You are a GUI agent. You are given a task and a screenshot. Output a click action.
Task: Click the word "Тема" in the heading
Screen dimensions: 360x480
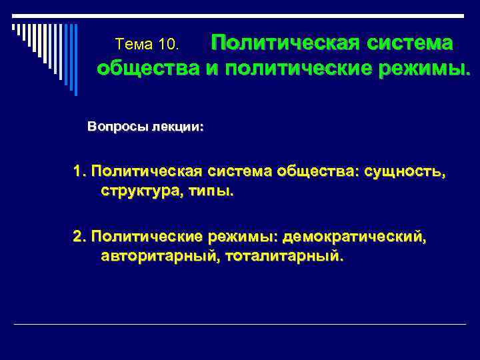135,45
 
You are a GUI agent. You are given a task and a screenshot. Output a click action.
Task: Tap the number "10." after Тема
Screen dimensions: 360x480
169,45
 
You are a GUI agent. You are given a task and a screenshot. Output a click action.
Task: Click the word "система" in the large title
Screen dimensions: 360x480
408,43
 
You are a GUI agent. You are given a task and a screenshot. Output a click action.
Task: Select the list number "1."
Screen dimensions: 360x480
80,171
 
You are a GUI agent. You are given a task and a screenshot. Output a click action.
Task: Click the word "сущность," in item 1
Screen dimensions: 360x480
405,171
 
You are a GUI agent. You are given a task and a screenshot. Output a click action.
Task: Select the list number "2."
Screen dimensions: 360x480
80,236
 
